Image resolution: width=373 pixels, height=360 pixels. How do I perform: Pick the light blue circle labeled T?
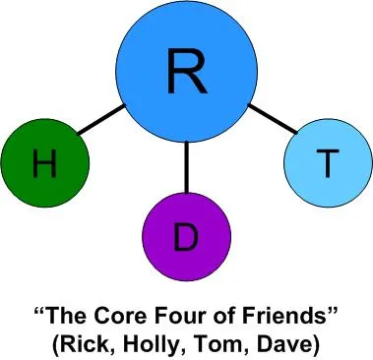coord(325,163)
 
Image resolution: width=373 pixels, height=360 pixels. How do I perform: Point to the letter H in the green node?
coord(43,165)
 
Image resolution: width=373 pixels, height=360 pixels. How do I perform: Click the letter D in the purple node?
coord(186,237)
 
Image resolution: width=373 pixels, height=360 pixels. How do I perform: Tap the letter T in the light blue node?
coord(325,163)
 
